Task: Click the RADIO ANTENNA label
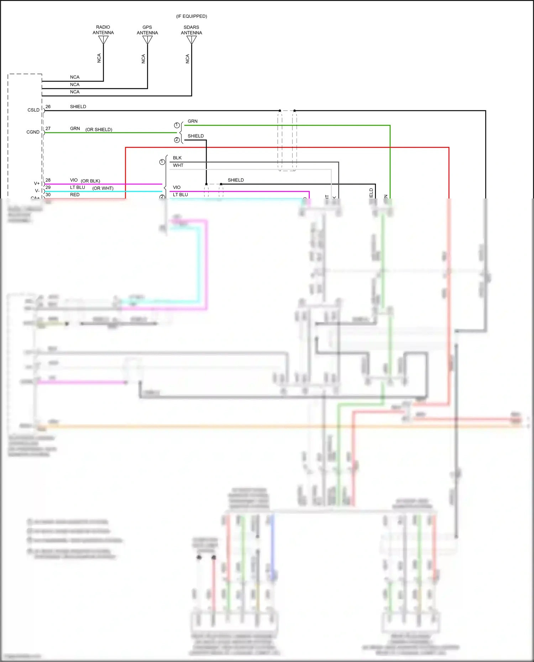coord(103,30)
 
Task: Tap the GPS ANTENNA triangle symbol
coord(147,40)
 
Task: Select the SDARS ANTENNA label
coord(191,30)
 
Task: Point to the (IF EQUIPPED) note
coord(192,16)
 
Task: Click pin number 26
coord(48,107)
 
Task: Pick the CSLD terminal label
coord(33,110)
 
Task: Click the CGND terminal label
coord(33,132)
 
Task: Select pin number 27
coord(48,129)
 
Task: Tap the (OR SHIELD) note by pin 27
coord(99,130)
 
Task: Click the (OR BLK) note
coord(90,181)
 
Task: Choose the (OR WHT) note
coord(103,189)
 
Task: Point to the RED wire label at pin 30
coord(75,195)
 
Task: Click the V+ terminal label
coord(37,184)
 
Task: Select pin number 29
coord(48,187)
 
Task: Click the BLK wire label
coord(177,158)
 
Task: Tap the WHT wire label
coord(178,165)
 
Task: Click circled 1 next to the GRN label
coord(177,125)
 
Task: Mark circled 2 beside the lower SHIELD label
coord(177,140)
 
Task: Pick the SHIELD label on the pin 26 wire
coord(78,107)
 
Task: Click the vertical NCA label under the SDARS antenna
coord(188,59)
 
